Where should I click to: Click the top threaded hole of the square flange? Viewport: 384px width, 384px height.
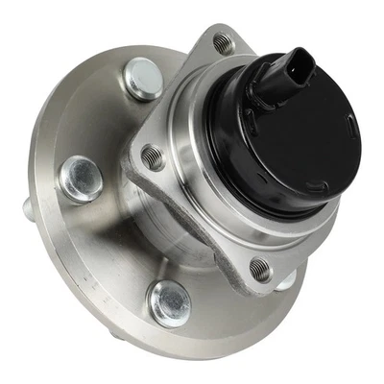click(223, 43)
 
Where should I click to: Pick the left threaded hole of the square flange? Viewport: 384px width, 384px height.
click(153, 155)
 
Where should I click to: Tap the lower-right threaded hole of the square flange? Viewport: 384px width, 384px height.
click(260, 269)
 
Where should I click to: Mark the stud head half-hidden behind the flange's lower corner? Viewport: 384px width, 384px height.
click(284, 278)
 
